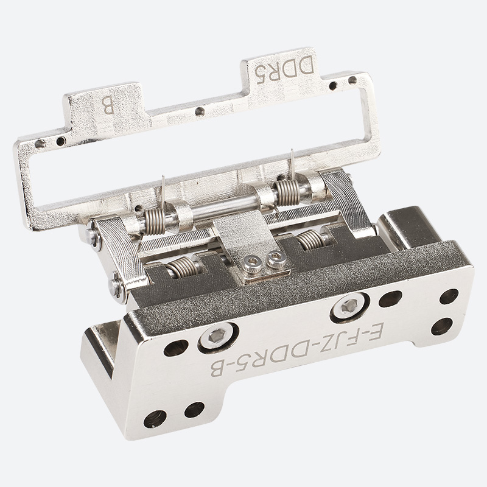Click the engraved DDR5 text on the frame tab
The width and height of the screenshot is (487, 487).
click(284, 69)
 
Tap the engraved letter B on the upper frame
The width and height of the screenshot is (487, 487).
click(108, 105)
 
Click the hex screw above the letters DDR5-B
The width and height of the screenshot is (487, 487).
click(217, 336)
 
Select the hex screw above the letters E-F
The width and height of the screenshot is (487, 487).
click(349, 306)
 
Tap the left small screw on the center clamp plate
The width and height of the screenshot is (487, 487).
click(252, 265)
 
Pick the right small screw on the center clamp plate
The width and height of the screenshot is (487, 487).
click(276, 259)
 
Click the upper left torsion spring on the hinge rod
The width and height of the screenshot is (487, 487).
click(155, 221)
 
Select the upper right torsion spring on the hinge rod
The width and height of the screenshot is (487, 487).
click(287, 192)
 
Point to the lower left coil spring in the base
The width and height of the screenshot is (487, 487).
click(181, 267)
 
